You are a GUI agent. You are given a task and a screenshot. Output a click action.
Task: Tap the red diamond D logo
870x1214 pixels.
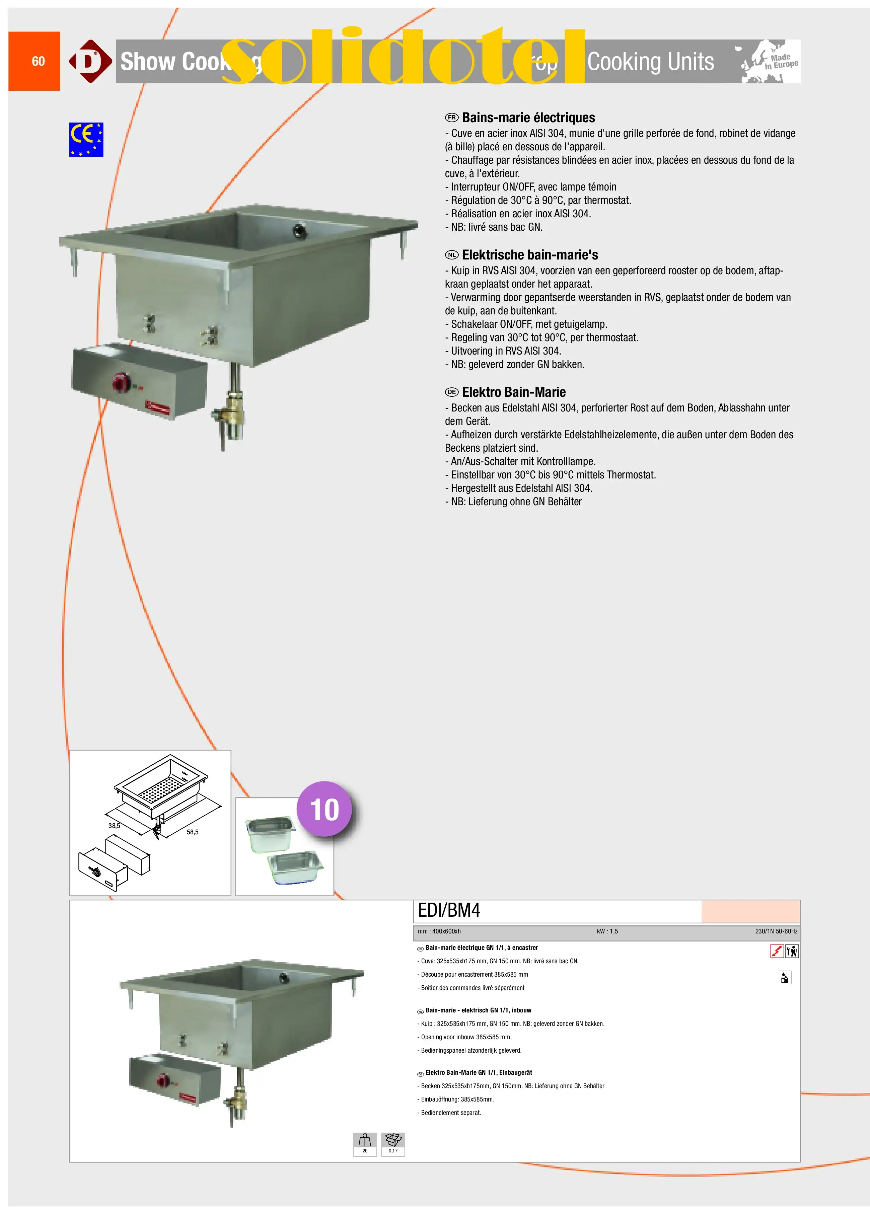pos(90,61)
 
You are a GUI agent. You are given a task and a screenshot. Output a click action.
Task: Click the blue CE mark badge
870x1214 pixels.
pos(86,140)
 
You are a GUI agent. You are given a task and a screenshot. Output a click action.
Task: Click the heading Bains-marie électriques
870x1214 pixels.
pos(528,118)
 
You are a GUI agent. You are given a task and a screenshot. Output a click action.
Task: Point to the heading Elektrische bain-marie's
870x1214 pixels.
pos(530,255)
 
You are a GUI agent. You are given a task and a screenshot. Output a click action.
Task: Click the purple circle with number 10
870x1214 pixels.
pos(324,809)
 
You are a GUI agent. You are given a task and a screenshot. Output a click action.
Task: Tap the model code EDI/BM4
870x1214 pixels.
pos(449,911)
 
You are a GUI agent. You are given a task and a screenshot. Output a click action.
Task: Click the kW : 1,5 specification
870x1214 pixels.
pos(607,931)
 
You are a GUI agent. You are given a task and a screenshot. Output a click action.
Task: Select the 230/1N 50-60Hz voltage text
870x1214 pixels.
pos(776,931)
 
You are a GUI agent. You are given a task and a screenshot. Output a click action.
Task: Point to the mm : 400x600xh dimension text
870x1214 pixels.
pos(439,931)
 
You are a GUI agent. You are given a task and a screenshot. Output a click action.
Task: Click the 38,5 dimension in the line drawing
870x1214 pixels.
pos(114,825)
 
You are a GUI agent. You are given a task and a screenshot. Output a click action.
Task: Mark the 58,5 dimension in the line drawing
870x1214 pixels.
pos(192,832)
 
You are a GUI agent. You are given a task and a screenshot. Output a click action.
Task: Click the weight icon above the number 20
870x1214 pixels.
pos(365,1140)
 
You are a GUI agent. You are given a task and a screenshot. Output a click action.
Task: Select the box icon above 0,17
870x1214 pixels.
pos(393,1140)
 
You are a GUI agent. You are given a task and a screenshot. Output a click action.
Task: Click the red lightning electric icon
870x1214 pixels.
pos(776,951)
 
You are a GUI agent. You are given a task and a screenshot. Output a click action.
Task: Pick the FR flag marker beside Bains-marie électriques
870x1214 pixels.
pos(452,118)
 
